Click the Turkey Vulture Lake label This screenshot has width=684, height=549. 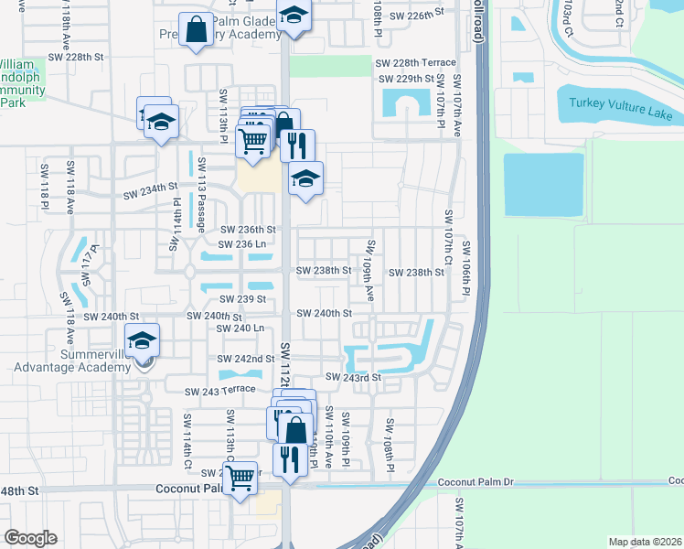[x=620, y=109]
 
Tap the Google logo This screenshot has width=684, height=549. [x=30, y=538]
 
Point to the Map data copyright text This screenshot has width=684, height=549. [x=646, y=542]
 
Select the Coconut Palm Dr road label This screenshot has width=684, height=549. [x=476, y=481]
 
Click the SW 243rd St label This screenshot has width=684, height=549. [x=351, y=378]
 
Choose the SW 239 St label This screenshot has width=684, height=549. [x=242, y=299]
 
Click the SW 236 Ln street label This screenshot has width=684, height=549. [x=242, y=243]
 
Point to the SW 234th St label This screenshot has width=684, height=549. [x=150, y=190]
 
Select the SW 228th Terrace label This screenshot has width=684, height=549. [x=415, y=62]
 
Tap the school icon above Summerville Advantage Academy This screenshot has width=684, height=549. [x=143, y=341]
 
